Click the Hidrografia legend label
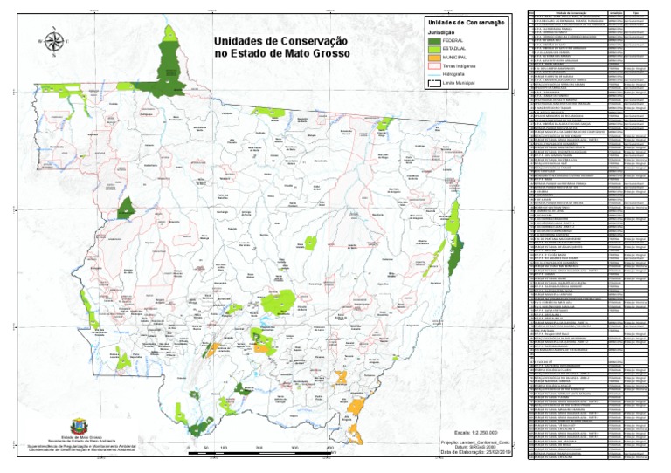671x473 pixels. [x=455, y=74]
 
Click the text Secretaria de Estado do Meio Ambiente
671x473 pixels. [x=71, y=439]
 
